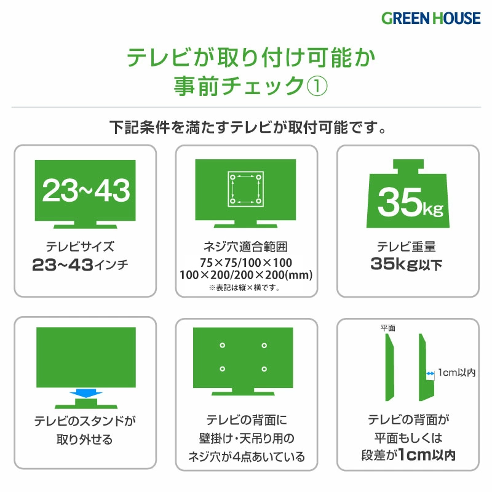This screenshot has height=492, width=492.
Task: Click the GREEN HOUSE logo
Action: (x=431, y=18)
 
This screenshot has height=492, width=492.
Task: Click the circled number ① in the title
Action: (x=317, y=86)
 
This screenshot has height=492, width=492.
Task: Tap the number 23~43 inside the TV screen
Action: (x=85, y=190)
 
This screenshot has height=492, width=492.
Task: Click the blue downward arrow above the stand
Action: (x=85, y=394)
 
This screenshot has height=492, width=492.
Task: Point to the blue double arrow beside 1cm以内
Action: (x=430, y=373)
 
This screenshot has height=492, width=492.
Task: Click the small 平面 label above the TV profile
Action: (x=388, y=328)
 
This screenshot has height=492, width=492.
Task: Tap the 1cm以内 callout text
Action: (x=457, y=373)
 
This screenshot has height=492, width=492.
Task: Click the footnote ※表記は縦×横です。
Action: (x=244, y=287)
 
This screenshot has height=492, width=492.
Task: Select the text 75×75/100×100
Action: (x=246, y=263)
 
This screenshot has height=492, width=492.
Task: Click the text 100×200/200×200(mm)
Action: (x=246, y=275)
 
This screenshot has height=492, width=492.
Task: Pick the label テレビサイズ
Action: (x=80, y=247)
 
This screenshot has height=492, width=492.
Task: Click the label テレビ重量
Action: (x=407, y=247)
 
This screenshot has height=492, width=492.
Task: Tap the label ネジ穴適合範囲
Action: (x=245, y=247)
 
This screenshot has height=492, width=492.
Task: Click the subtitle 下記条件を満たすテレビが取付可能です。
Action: (x=248, y=127)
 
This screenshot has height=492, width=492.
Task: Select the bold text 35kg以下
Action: (x=407, y=264)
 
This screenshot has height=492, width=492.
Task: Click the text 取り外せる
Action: (x=84, y=440)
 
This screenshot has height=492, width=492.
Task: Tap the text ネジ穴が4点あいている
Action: (x=247, y=457)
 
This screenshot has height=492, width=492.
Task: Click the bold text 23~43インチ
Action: (x=80, y=264)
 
